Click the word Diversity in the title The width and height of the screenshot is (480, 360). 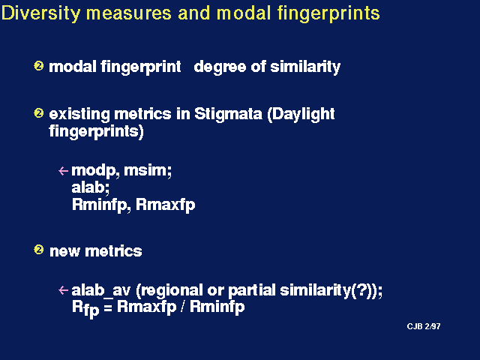(41, 13)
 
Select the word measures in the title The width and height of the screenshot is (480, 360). (129, 13)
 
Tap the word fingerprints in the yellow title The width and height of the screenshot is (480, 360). (328, 13)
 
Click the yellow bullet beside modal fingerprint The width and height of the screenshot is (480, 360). (38, 66)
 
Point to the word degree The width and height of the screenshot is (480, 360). (220, 67)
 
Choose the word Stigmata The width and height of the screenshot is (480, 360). (228, 115)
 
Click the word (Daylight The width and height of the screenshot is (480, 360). (301, 115)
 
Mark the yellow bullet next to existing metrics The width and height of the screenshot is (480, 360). (38, 113)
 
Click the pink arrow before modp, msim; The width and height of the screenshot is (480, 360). (63, 170)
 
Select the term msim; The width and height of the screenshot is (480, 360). (148, 170)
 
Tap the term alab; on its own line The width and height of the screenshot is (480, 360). (90, 187)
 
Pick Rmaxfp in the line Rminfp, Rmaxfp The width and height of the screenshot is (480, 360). (165, 205)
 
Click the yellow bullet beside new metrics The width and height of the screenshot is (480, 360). (38, 250)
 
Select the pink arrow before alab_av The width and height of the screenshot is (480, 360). (63, 290)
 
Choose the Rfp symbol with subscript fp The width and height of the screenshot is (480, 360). (85, 308)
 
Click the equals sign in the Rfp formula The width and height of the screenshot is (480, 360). (108, 307)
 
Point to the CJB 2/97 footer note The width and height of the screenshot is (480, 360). (424, 326)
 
